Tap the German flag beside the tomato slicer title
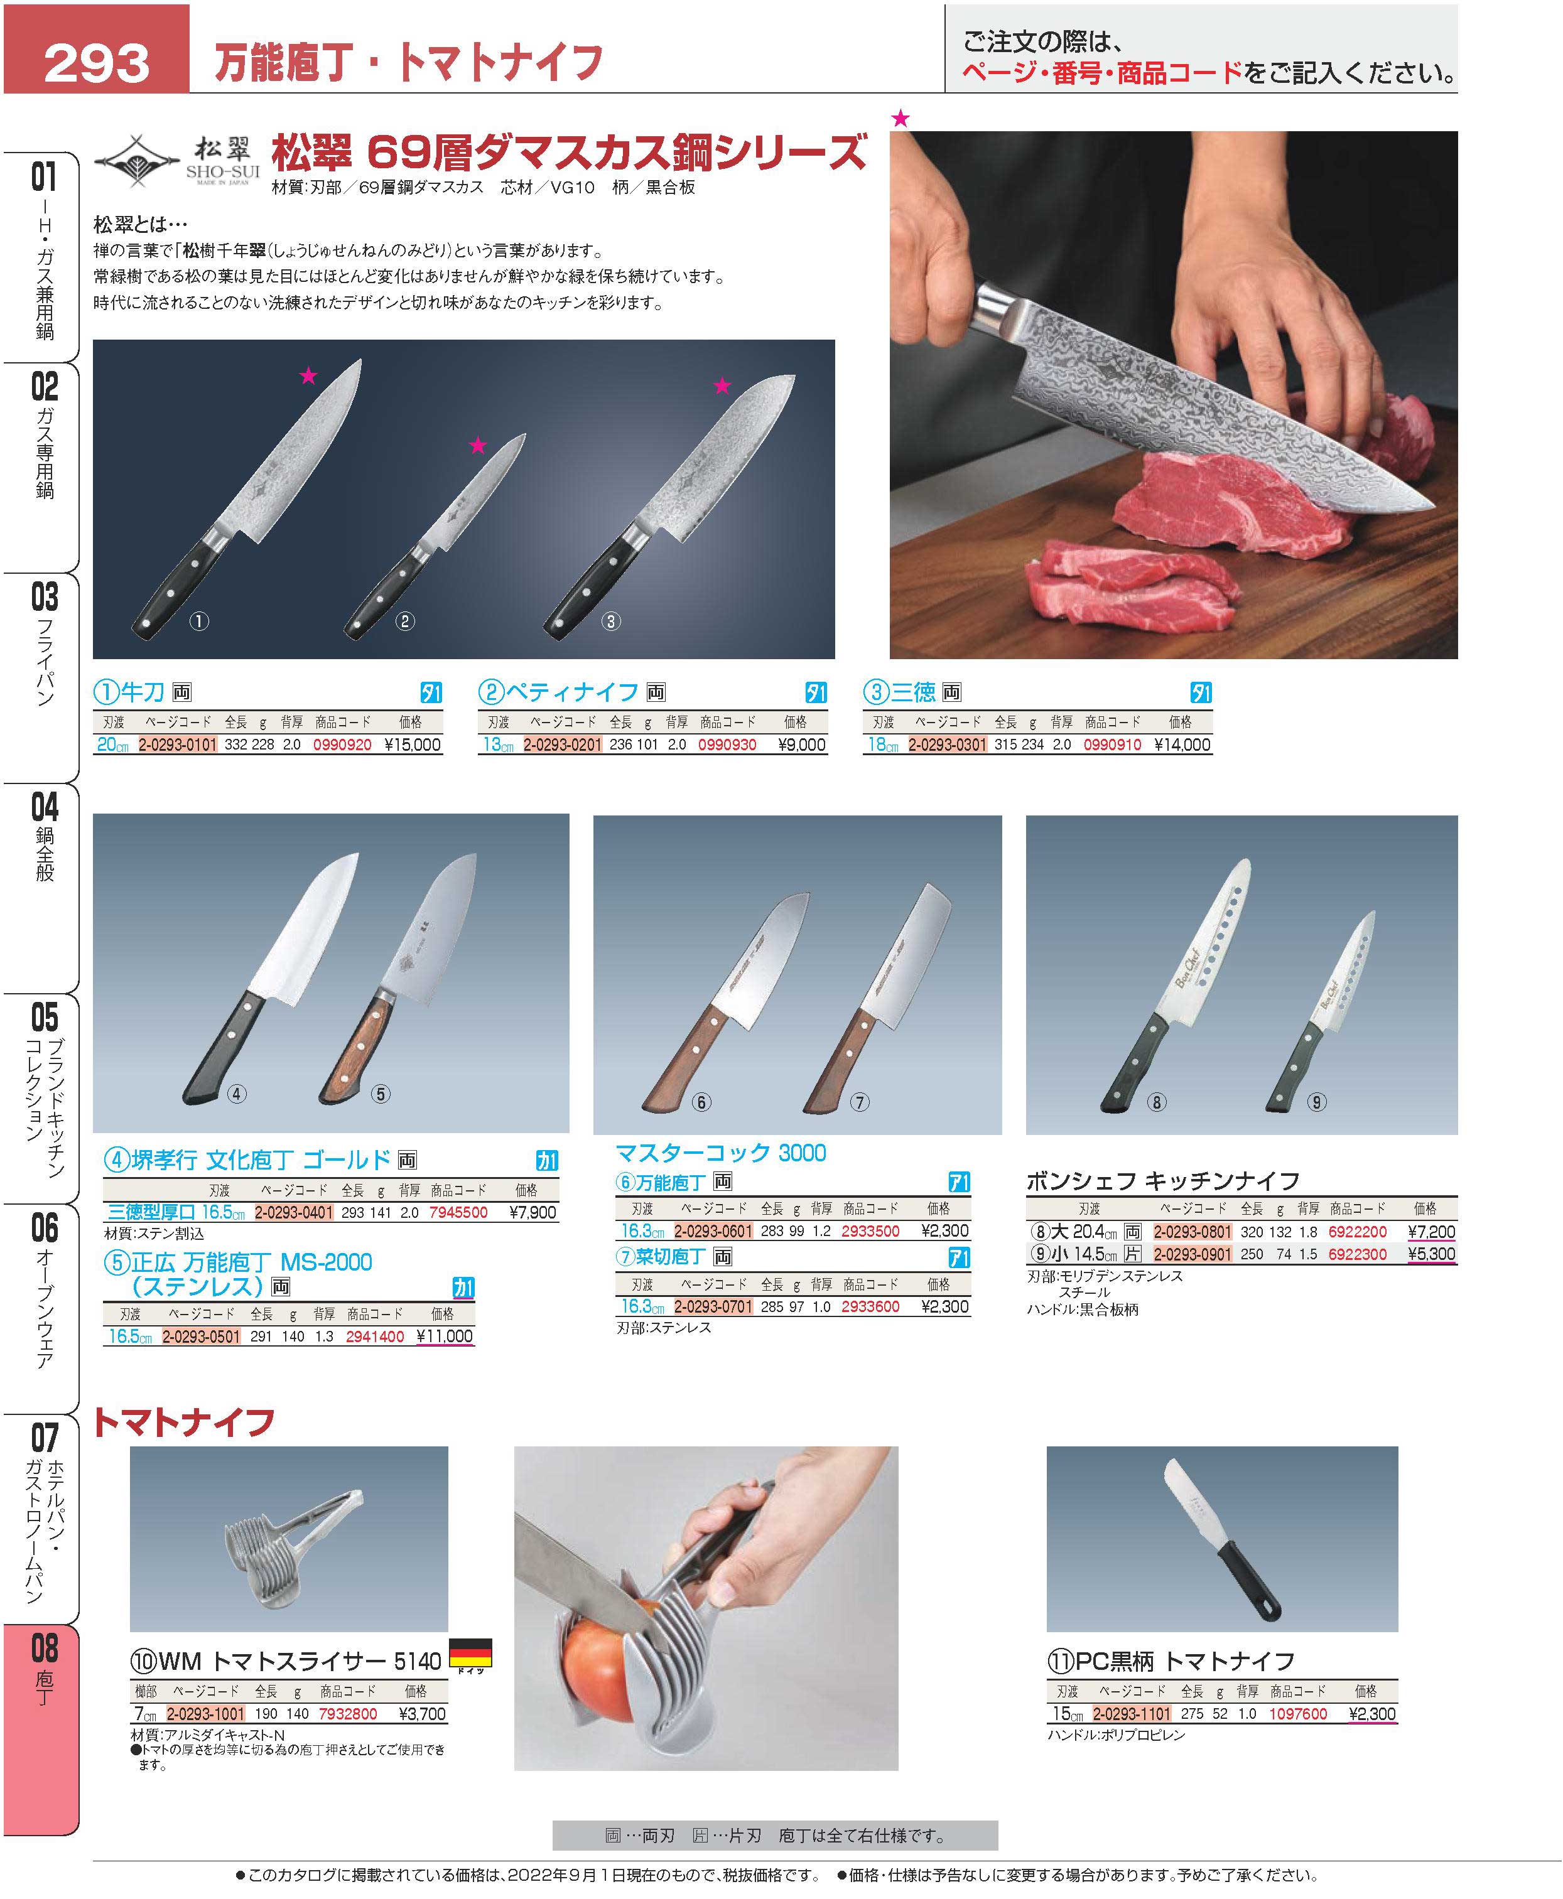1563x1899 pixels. (x=470, y=1652)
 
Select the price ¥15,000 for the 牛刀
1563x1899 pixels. (x=413, y=745)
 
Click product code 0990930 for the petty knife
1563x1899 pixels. (x=727, y=745)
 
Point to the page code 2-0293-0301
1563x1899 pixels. (x=947, y=745)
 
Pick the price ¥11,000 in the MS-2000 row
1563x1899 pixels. (x=445, y=1337)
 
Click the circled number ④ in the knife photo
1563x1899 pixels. (x=236, y=1094)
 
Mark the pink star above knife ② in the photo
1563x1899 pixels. (x=477, y=446)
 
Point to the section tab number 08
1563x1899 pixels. (x=44, y=1648)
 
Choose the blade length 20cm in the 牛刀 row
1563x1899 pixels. (x=112, y=745)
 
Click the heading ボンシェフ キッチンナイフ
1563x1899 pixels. (x=1162, y=1181)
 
